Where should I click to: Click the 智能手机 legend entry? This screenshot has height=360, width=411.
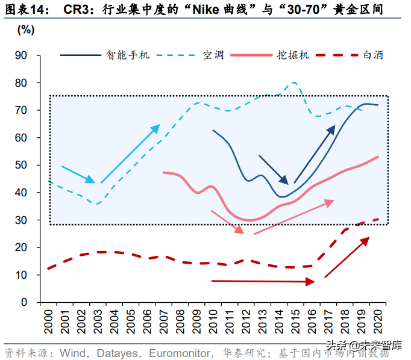[x=128, y=55]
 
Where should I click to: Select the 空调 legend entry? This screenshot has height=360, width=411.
[x=213, y=55]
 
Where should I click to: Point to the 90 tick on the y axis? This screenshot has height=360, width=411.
[x=22, y=55]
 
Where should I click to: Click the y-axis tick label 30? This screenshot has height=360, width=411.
[x=22, y=220]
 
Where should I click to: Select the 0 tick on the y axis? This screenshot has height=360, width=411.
[x=25, y=302]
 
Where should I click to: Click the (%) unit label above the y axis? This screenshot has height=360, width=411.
[x=26, y=29]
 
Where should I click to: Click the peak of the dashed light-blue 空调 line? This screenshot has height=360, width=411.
[x=293, y=82]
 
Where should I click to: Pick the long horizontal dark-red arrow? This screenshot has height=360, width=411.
[x=263, y=281]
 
